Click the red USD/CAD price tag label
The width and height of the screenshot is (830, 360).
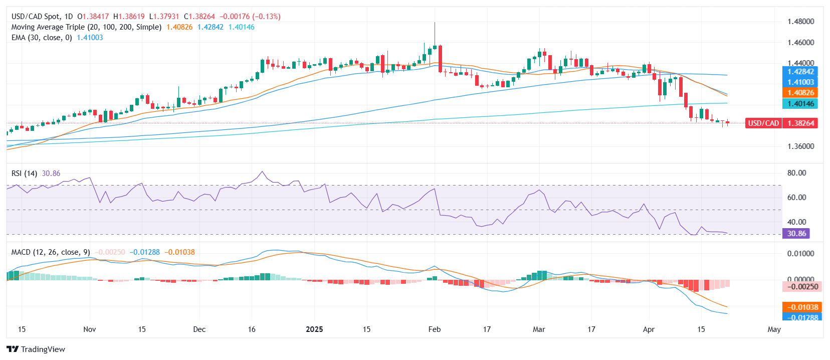click(x=763, y=123)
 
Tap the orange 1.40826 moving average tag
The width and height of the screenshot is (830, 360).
click(x=800, y=93)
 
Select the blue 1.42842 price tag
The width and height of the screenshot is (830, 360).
click(x=800, y=72)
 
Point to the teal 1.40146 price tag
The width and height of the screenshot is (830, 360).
click(x=800, y=104)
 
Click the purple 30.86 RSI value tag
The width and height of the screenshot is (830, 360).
click(x=796, y=234)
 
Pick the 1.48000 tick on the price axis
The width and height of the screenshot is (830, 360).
click(x=800, y=22)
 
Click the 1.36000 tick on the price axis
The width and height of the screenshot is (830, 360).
click(x=800, y=146)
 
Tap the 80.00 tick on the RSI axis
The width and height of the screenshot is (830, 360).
click(x=796, y=173)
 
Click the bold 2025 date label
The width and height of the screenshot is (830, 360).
click(x=314, y=329)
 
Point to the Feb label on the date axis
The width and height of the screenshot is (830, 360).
click(x=435, y=329)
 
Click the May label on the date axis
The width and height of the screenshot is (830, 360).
click(x=774, y=329)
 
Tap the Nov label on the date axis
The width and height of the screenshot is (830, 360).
click(x=89, y=329)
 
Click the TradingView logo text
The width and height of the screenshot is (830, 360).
click(x=43, y=349)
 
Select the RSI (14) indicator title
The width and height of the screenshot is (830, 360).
click(x=24, y=173)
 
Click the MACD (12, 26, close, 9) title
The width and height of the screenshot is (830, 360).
click(x=51, y=252)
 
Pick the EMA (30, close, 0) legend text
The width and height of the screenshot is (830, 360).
click(x=42, y=38)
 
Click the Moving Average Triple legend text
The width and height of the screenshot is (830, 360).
click(x=86, y=27)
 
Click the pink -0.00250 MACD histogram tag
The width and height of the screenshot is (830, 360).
click(x=800, y=287)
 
